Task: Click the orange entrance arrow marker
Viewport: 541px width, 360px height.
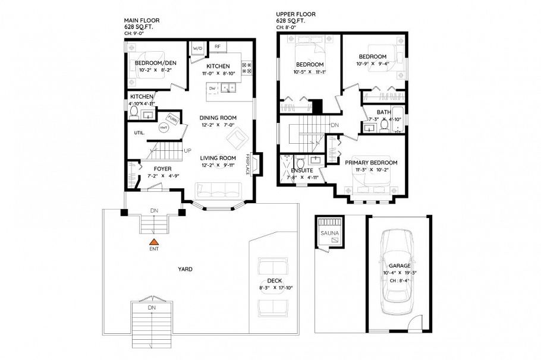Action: pos(154,242)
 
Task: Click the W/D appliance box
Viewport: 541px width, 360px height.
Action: pos(197,48)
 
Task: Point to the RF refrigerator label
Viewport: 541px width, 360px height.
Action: pos(218,46)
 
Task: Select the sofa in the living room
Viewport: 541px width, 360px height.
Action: pos(218,191)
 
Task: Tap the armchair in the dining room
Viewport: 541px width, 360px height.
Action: pos(238,138)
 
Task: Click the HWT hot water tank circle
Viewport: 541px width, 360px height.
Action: pos(163,128)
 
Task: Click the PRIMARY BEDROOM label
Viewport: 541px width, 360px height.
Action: pos(371,163)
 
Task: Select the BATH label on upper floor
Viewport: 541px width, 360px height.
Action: pos(383,112)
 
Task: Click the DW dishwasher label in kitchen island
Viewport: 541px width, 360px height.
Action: pos(212,88)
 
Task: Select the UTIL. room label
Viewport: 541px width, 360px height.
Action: pos(140,132)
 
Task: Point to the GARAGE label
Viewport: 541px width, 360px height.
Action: pos(400,266)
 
